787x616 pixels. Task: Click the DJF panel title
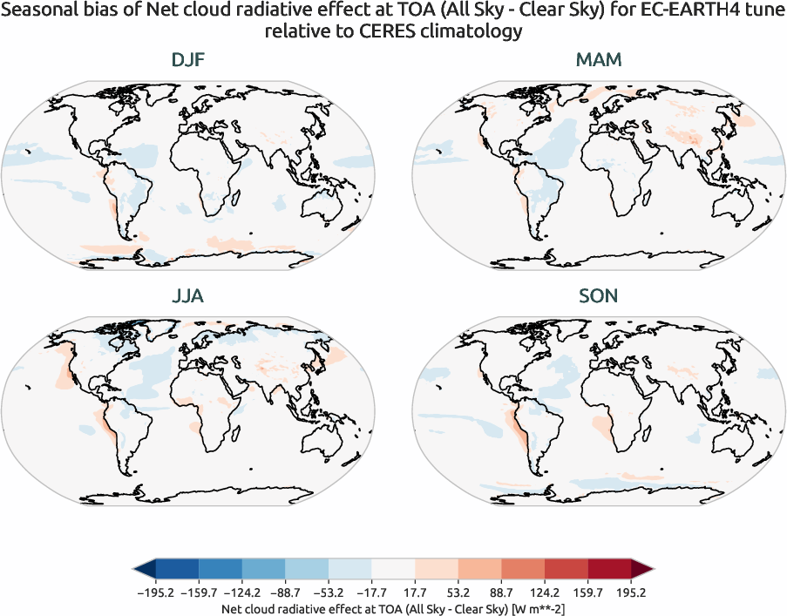point(189,60)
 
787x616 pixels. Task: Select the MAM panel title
point(598,60)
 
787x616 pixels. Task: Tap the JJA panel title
point(189,296)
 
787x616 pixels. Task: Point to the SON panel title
point(598,296)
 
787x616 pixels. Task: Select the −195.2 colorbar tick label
point(155,592)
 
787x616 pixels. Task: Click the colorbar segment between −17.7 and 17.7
point(393,570)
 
